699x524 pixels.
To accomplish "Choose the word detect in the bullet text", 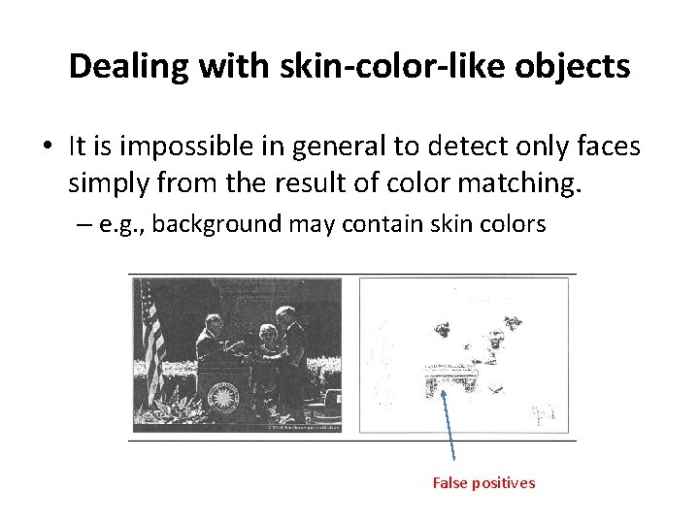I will [432, 146].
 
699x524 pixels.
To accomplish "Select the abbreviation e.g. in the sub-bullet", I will [121, 224].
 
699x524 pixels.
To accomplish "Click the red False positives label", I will [483, 483].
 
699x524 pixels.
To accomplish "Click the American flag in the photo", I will [152, 340].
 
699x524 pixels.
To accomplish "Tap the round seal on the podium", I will [223, 396].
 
